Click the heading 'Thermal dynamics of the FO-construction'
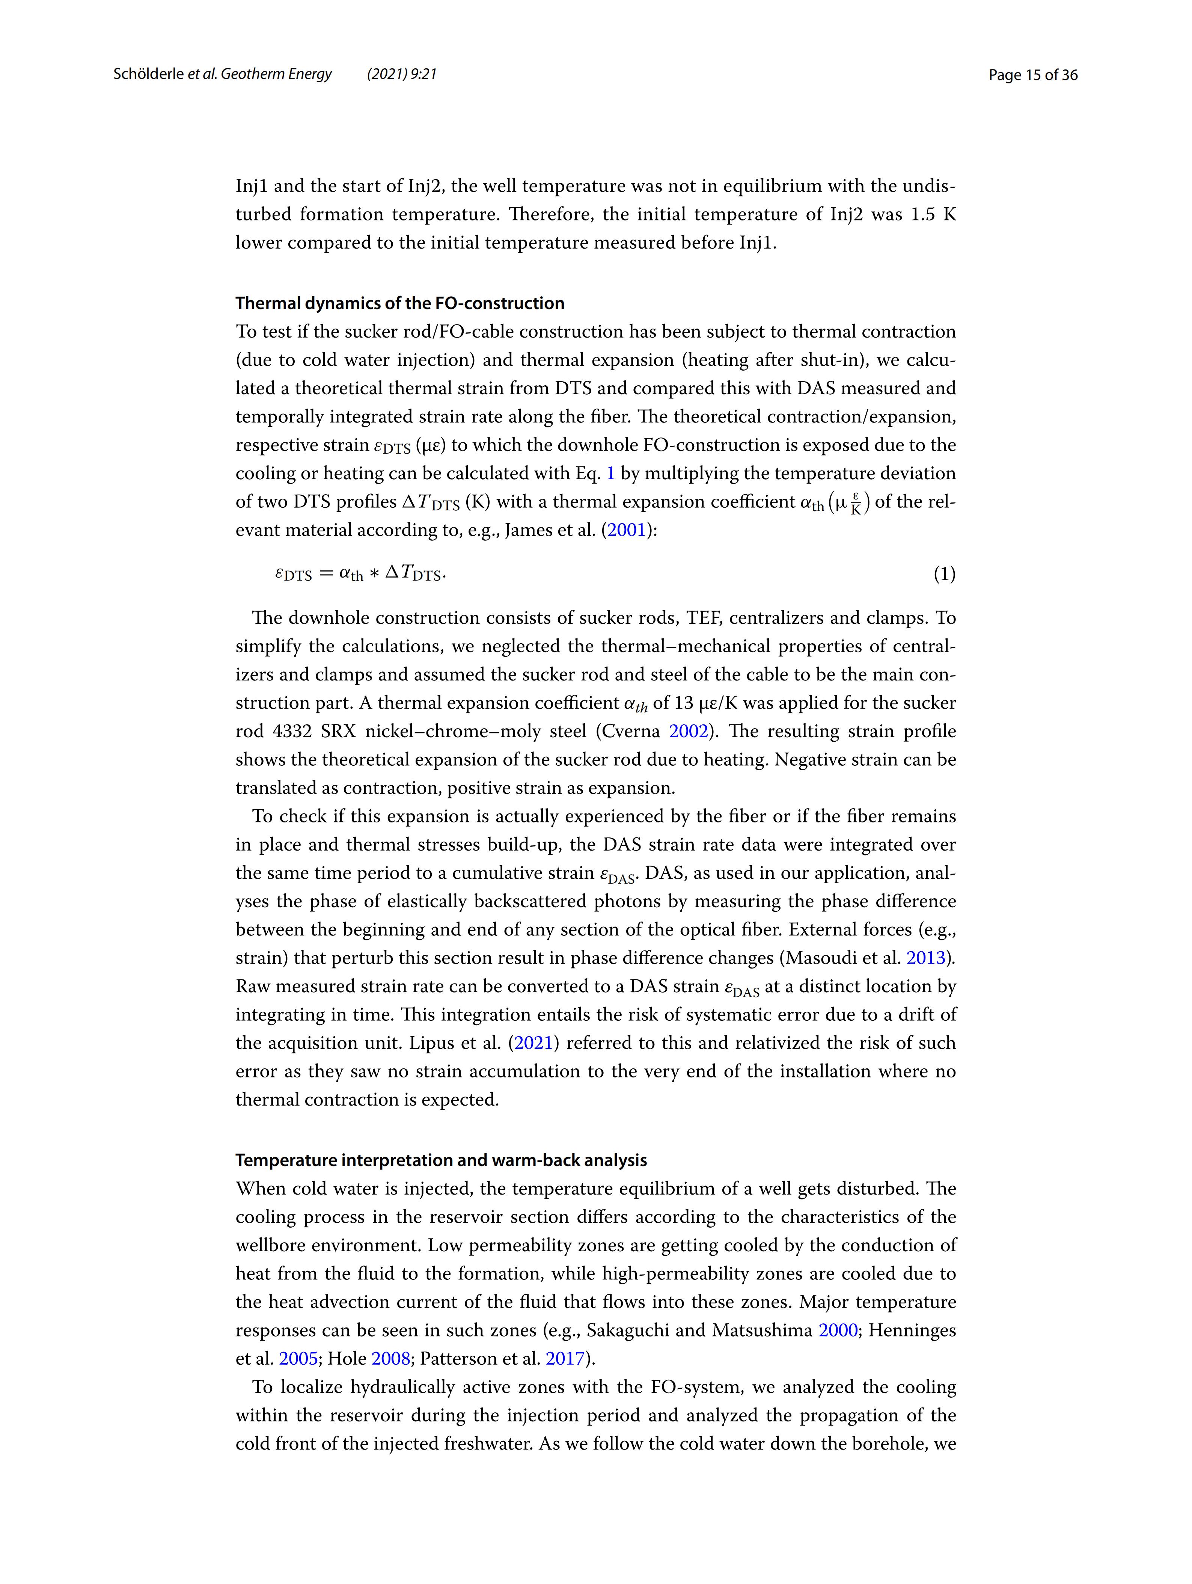[399, 304]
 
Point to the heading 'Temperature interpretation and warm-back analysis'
[441, 1160]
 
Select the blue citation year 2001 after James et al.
[627, 531]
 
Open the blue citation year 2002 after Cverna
[688, 731]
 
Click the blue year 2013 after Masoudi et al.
[926, 958]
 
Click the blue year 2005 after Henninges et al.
[298, 1358]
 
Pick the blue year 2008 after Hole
[391, 1358]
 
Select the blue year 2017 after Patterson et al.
[565, 1358]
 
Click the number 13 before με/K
[684, 703]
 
